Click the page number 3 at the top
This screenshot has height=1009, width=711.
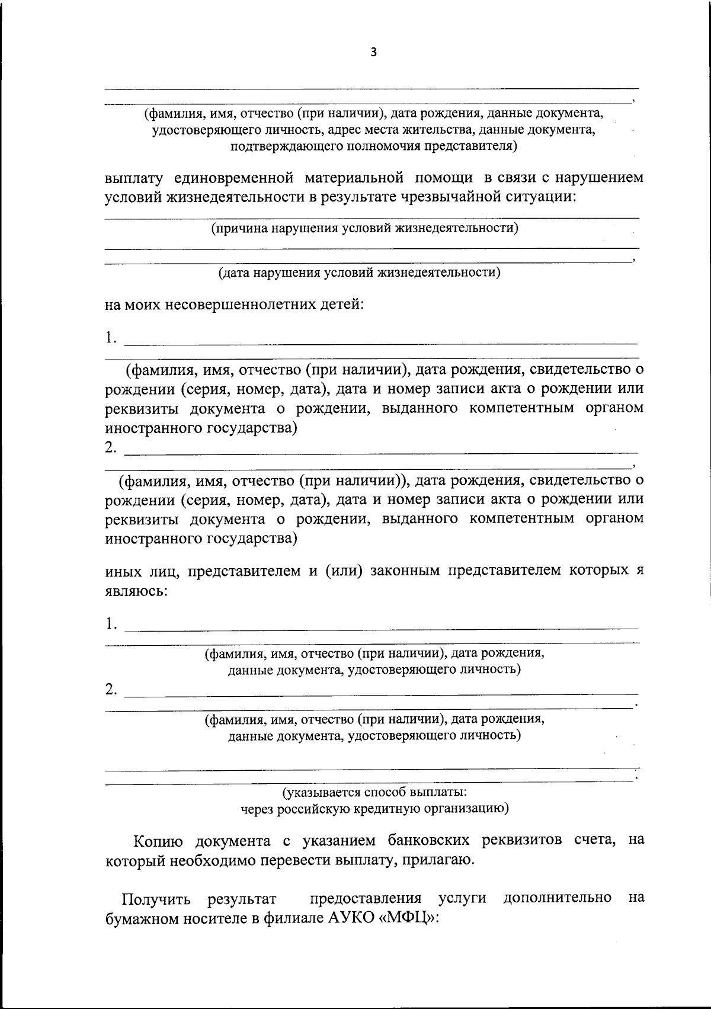[x=373, y=52]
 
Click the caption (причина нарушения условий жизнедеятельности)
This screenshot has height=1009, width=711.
[x=365, y=228]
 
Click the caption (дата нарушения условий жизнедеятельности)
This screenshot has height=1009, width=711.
[x=359, y=273]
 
